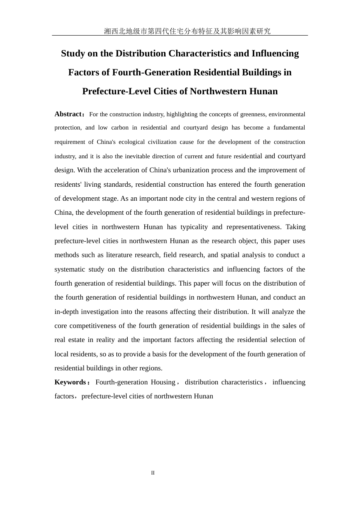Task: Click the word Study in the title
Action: tap(73, 54)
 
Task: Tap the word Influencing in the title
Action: tap(275, 54)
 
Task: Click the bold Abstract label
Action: tap(69, 114)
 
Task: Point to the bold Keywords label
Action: tap(70, 382)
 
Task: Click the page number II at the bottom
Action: tap(153, 473)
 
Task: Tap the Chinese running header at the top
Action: tap(187, 31)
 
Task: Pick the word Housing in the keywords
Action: tap(163, 382)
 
